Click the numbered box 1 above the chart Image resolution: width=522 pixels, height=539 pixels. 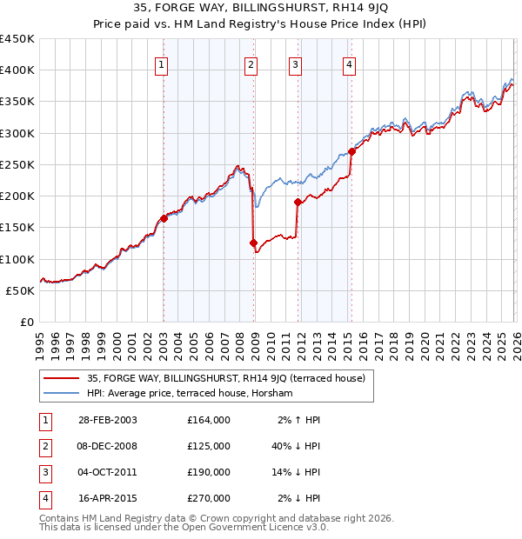163,63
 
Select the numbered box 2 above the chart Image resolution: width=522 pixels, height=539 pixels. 251,63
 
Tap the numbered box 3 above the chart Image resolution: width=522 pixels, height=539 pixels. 296,63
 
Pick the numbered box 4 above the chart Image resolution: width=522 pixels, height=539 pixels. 349,63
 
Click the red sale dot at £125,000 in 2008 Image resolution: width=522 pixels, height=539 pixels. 254,243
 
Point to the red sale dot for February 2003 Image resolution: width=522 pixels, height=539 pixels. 164,219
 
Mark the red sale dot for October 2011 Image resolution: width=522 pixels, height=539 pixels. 298,203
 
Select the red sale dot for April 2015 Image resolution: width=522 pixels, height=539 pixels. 351,152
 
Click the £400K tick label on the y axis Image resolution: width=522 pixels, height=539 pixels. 17,70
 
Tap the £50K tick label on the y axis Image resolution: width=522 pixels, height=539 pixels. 21,290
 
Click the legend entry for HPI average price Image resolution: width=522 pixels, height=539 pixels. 190,394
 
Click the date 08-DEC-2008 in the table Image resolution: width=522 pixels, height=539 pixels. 108,445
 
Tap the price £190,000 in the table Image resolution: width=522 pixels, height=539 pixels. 209,472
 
